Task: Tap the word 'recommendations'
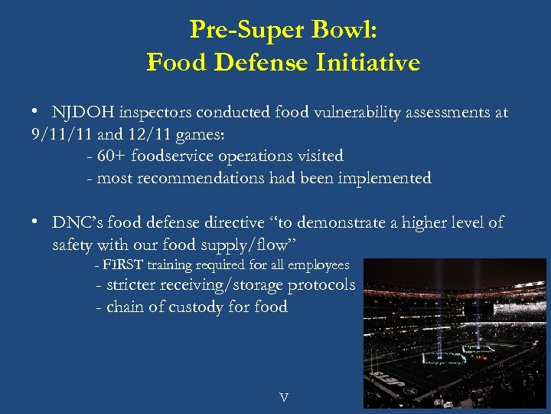pyautogui.click(x=197, y=178)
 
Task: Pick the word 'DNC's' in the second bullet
pyautogui.click(x=76, y=222)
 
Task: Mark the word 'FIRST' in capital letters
pyautogui.click(x=123, y=265)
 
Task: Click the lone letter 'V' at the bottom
pyautogui.click(x=284, y=397)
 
